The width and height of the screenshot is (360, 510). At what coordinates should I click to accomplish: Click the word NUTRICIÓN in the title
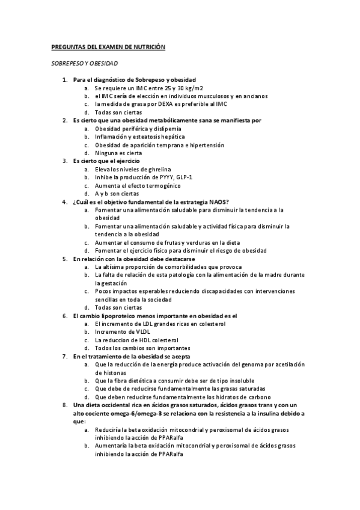[x=147, y=46]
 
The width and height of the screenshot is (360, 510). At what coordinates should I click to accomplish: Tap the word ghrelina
[x=157, y=170]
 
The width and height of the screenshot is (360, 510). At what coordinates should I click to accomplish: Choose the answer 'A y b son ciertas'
[x=117, y=194]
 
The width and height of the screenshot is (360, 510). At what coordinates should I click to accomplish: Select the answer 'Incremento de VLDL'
[x=123, y=331]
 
